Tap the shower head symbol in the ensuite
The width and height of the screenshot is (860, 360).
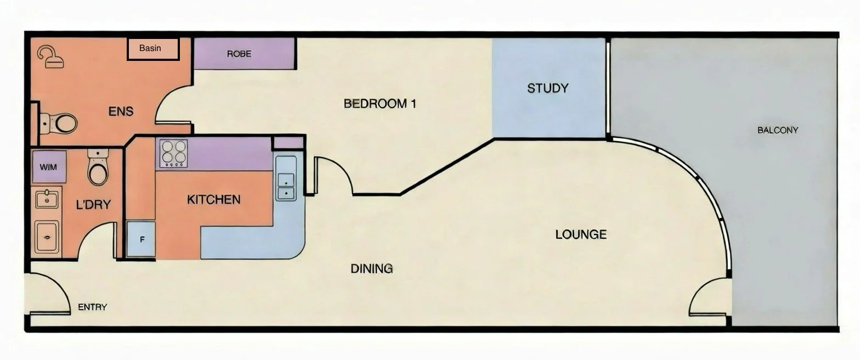50,57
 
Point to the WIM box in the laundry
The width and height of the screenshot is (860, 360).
49,166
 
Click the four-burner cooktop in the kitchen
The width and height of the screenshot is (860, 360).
173,154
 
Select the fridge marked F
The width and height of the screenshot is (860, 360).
141,239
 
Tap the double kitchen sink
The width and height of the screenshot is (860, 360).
286,185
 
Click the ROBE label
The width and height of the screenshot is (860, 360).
239,54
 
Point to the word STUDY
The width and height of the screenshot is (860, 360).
547,88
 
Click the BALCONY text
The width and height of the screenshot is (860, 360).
777,130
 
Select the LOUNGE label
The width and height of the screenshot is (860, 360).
581,234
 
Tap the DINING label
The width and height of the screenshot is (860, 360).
371,268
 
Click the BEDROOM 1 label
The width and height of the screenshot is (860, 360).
380,103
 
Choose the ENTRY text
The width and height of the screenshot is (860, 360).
92,307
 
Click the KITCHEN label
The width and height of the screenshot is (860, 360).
213,199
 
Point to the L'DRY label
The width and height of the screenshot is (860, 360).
93,205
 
